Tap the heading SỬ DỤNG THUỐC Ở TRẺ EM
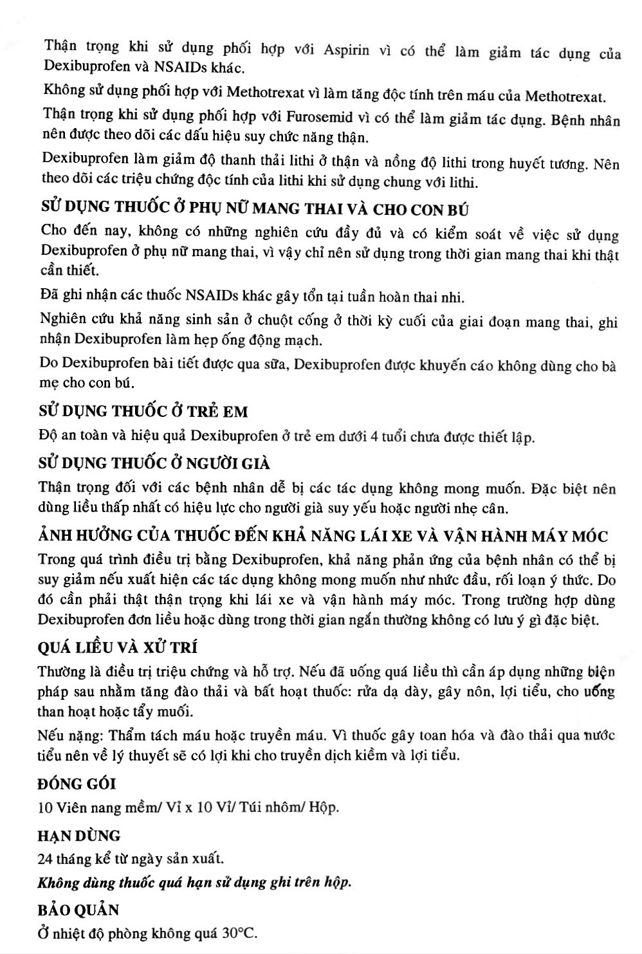143,411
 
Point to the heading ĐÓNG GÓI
77,784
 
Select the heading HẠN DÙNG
79,836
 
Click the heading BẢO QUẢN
79,910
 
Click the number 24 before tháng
46,859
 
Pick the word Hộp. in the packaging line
324,807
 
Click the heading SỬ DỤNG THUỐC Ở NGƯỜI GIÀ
154,463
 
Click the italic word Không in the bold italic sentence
58,882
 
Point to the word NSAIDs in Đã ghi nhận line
213,297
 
